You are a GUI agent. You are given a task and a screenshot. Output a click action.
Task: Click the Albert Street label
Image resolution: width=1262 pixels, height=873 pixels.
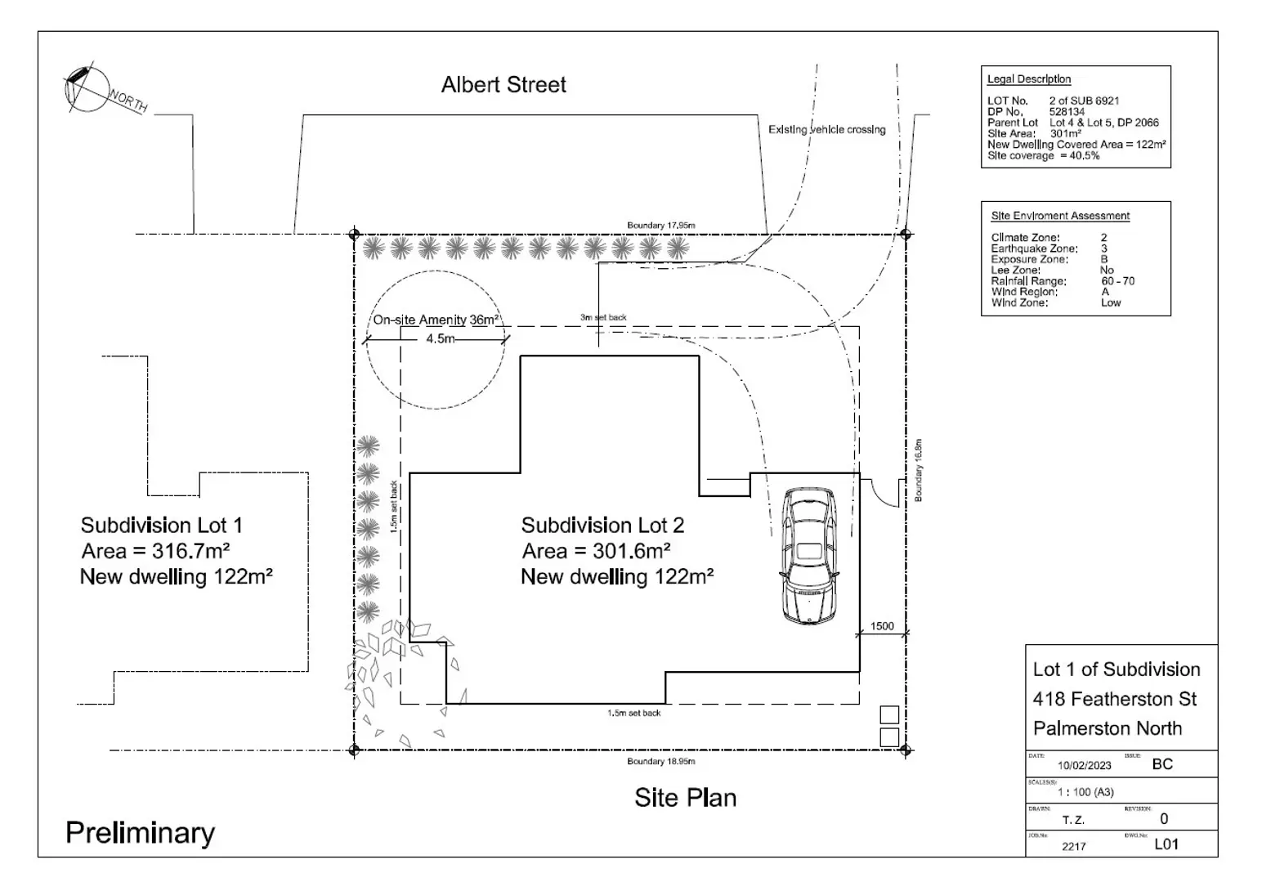[503, 85]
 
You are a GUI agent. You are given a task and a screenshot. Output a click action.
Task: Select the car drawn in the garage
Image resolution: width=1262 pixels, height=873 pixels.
[809, 556]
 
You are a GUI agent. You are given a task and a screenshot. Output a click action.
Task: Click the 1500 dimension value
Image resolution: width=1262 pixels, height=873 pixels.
[882, 626]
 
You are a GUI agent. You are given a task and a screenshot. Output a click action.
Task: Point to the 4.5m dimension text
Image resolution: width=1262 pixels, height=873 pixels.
[440, 338]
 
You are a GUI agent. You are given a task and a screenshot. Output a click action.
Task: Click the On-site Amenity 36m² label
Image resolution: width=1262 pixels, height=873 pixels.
[436, 320]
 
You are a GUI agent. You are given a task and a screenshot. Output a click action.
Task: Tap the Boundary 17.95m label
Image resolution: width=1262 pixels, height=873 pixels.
[661, 226]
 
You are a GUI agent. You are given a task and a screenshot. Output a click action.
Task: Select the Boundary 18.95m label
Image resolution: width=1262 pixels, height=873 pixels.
[661, 762]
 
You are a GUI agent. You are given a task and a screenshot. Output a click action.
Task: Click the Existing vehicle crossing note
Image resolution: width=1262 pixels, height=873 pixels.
[826, 130]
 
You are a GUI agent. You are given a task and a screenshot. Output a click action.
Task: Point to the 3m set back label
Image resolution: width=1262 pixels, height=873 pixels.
[603, 317]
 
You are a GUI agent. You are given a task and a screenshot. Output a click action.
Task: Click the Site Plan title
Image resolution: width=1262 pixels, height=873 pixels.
[685, 798]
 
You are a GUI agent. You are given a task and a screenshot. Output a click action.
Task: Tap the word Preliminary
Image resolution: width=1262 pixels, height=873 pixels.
[141, 833]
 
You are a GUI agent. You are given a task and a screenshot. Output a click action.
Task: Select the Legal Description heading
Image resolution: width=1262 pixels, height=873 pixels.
[1029, 79]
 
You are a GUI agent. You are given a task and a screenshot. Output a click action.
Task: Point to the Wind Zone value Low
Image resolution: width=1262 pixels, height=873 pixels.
[1111, 302]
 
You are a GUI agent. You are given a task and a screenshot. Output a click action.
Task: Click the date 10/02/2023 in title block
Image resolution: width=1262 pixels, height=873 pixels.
[1085, 766]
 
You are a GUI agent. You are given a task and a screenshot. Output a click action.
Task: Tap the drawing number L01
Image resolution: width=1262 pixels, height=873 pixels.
[1166, 844]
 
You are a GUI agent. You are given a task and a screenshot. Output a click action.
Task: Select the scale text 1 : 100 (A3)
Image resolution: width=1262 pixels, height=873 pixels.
[1085, 792]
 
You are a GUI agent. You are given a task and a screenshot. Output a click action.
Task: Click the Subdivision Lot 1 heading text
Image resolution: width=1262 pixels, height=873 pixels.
[161, 525]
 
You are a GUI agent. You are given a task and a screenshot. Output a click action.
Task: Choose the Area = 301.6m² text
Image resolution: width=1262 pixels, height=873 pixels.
[597, 551]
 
